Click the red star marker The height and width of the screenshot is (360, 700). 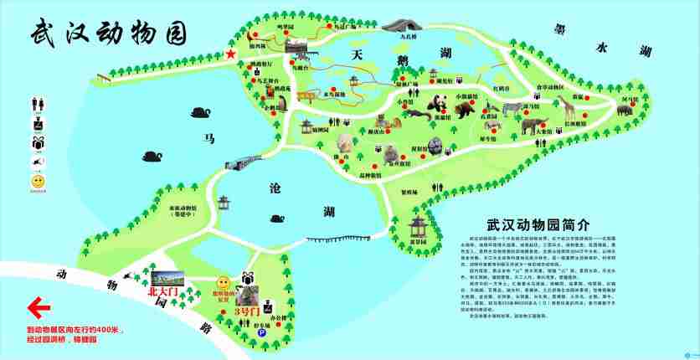(230, 54)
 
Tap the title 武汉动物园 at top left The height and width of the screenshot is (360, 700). (106, 32)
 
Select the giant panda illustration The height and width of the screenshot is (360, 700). (438, 105)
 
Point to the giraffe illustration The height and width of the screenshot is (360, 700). (566, 107)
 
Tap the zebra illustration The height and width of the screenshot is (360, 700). (511, 108)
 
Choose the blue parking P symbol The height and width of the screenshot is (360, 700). (261, 332)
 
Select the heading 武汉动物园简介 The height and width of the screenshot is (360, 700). (538, 225)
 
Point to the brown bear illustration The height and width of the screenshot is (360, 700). (466, 106)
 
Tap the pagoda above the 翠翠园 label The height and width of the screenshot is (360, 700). (416, 224)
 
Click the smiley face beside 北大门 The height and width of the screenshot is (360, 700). (223, 283)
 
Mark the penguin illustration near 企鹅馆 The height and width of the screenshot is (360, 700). (283, 104)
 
